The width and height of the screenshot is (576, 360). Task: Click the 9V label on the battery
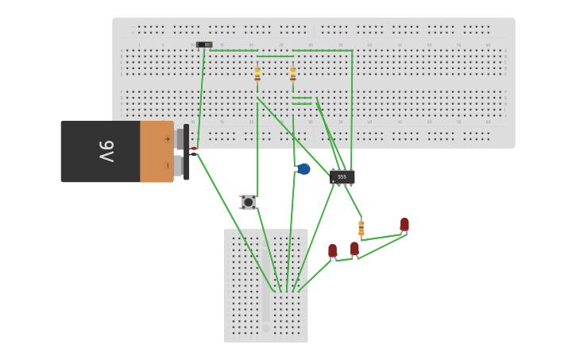click(x=106, y=151)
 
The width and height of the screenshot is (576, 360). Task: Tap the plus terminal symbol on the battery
click(x=167, y=138)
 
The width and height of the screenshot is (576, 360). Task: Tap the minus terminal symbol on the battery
click(x=167, y=165)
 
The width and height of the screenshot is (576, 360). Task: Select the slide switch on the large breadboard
click(x=204, y=45)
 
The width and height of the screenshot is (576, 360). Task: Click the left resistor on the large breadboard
click(x=257, y=74)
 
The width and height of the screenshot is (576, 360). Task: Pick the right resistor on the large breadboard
click(x=293, y=74)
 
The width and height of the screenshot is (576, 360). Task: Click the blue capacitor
click(x=303, y=168)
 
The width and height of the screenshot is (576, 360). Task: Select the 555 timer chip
click(x=342, y=176)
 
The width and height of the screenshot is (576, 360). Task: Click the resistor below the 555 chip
click(x=361, y=228)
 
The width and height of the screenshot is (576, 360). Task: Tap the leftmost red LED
click(x=332, y=250)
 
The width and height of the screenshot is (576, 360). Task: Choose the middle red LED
click(x=354, y=249)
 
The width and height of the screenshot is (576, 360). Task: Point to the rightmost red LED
click(x=404, y=224)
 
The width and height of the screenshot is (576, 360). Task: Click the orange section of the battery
click(x=156, y=151)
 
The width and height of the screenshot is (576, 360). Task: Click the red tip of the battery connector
click(x=193, y=149)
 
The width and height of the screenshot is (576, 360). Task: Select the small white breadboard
click(x=265, y=262)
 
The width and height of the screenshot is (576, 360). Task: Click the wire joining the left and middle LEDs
click(x=344, y=259)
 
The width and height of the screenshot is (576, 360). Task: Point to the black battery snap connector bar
click(x=186, y=151)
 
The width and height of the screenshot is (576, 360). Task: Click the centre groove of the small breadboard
click(x=266, y=286)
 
